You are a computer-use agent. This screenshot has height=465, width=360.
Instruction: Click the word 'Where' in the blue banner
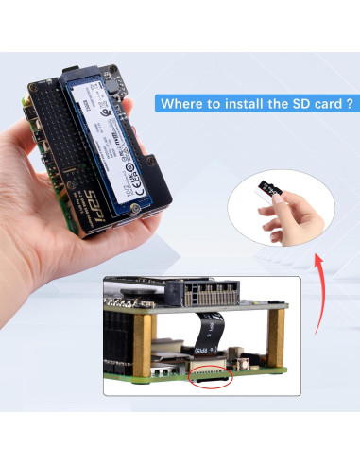click(181, 104)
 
